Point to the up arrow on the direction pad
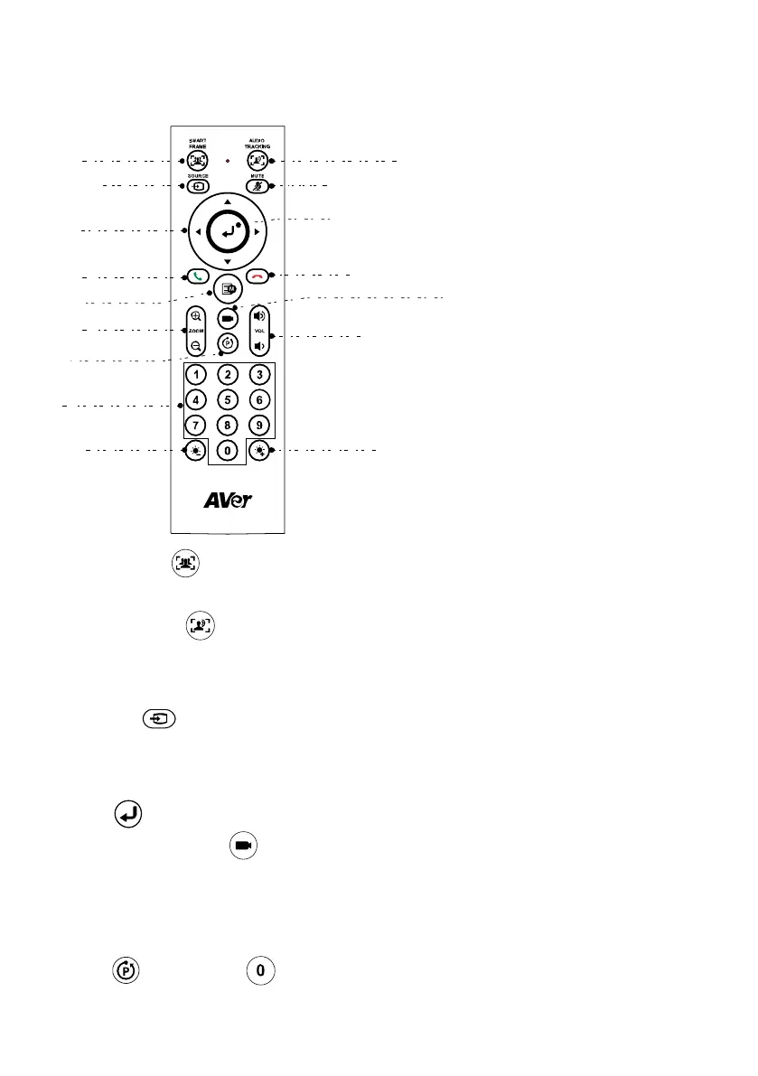(227, 201)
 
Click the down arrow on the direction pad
(227, 262)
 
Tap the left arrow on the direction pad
(196, 232)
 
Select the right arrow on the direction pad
(257, 232)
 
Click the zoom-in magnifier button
(196, 317)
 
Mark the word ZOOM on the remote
(197, 332)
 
